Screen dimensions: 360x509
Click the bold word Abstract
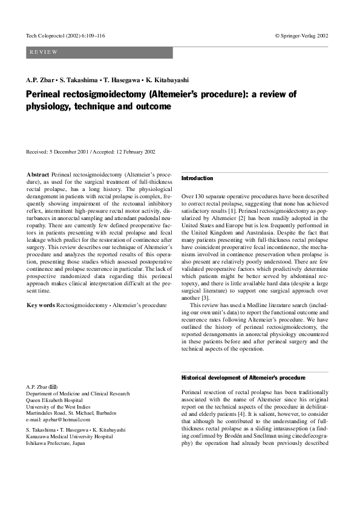pyautogui.click(x=38, y=174)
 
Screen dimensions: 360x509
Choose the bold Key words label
pyautogui.click(x=41, y=305)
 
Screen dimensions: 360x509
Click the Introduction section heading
pyautogui.click(x=197, y=178)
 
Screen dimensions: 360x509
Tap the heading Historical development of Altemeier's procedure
pyautogui.click(x=243, y=377)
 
